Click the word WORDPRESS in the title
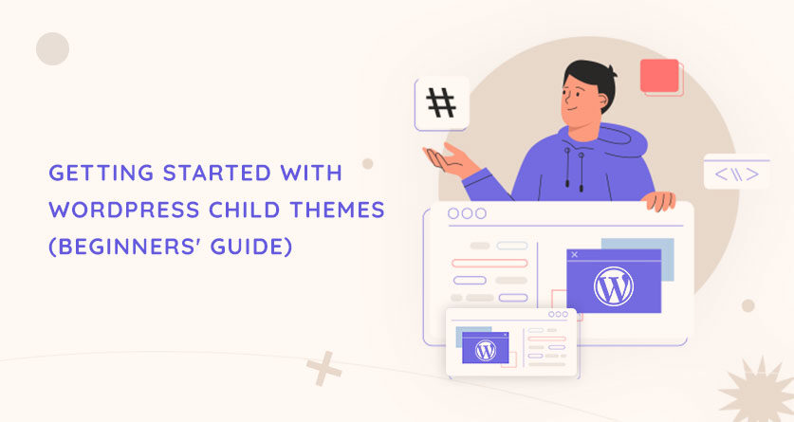tap(124, 210)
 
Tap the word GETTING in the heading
tap(102, 173)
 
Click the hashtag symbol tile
tap(441, 103)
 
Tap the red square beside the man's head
tap(660, 76)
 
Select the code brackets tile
tap(737, 174)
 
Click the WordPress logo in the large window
tap(613, 286)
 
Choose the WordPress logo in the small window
tap(486, 350)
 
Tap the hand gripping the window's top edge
tap(658, 200)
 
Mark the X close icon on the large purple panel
tap(574, 255)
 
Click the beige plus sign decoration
tap(324, 369)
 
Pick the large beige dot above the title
tap(53, 48)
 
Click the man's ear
tap(602, 101)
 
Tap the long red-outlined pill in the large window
tap(489, 263)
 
